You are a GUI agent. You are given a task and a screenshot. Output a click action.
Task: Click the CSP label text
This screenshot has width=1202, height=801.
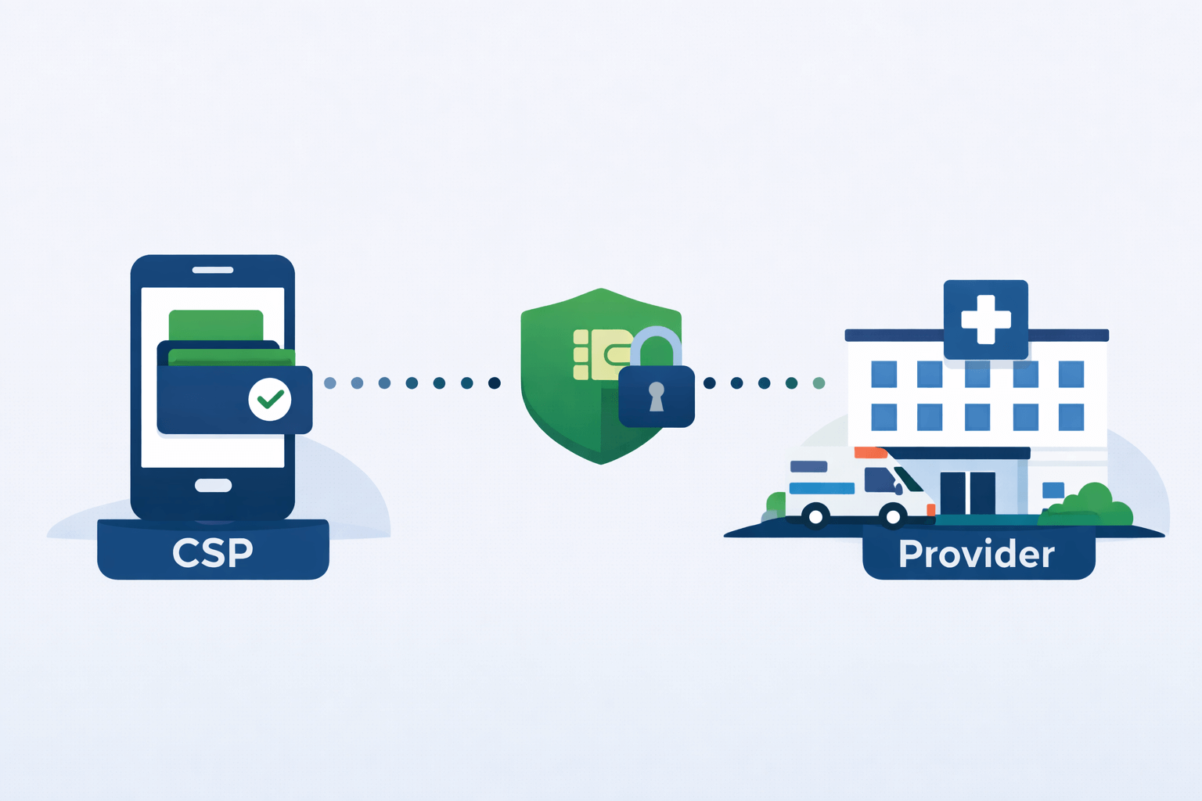coord(213,552)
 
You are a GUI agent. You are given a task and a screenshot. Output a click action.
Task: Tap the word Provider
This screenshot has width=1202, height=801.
coord(977,554)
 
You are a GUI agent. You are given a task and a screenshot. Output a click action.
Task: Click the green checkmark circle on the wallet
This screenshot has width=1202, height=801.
coord(270,399)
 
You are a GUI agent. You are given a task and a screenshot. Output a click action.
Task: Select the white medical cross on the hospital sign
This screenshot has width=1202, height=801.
coord(986,319)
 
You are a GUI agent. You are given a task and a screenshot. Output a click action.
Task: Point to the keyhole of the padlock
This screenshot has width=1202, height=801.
coord(657,396)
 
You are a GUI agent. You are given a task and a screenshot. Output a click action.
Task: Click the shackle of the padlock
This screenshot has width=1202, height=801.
coord(657,342)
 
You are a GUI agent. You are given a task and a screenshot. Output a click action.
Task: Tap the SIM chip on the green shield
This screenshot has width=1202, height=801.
coord(603,354)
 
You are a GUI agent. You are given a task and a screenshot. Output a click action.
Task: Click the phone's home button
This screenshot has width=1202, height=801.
coord(213,486)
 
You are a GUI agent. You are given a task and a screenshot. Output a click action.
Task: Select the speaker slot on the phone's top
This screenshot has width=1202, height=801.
coord(213,270)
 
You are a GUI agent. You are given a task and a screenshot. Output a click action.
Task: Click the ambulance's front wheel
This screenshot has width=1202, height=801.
coord(892,516)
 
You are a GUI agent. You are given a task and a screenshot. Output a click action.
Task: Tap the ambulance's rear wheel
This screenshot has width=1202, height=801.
coord(815,516)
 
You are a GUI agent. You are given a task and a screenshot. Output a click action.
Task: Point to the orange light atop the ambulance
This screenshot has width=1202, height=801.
coord(870,452)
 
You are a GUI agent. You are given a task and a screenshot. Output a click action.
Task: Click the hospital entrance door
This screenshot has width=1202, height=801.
coord(968,493)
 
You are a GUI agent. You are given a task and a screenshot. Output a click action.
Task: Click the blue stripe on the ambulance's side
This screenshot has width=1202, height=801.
coord(822,489)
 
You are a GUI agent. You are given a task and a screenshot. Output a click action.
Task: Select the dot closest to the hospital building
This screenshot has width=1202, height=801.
coord(819,383)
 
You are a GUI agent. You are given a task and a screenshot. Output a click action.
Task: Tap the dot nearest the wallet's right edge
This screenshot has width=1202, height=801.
coord(330,383)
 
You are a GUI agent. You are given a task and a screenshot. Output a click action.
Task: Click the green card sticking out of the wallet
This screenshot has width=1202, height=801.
coord(216,325)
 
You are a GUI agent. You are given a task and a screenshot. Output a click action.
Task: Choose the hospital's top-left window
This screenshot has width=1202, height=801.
coord(884,375)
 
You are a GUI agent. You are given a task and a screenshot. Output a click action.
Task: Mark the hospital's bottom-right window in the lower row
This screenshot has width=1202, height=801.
coord(1071,417)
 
